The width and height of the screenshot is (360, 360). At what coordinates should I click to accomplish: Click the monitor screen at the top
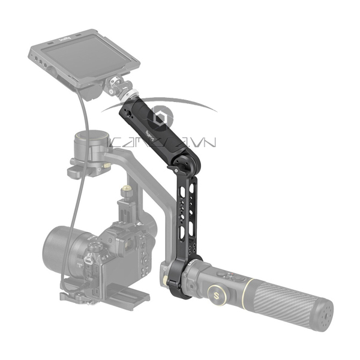84,60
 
